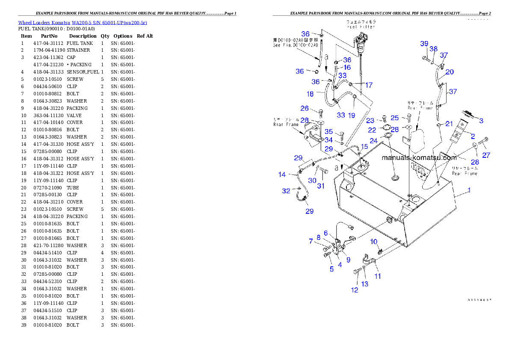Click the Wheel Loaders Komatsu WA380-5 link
coord(83,23)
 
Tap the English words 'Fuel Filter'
coord(361,27)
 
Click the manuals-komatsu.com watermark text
coord(419,157)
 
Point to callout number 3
coord(481,121)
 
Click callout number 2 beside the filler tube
coord(473,136)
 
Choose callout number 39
coord(424,44)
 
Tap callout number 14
coord(282,174)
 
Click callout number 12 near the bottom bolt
coord(355,290)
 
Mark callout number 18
coord(310,94)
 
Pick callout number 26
coord(304,108)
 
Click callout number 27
coord(486,155)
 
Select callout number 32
coord(286,191)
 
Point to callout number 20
coord(450,72)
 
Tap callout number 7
coord(311,241)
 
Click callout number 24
coord(373,141)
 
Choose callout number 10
coord(374,242)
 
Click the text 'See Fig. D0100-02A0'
coord(296,44)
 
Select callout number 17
coord(368,85)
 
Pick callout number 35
coord(328,131)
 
